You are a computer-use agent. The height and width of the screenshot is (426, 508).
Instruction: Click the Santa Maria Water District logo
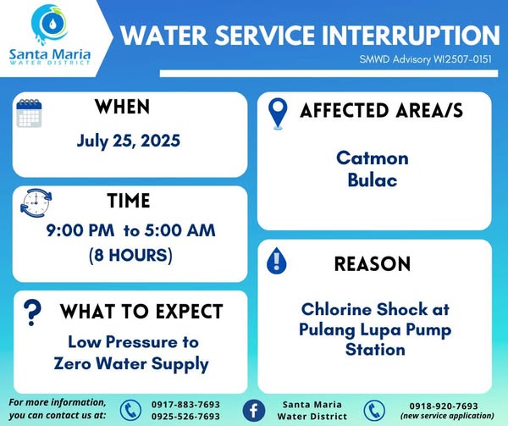pyautogui.click(x=50, y=35)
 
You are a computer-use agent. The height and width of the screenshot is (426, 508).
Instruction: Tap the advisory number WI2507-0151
pyautogui.click(x=462, y=59)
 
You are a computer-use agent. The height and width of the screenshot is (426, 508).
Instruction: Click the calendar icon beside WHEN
pyautogui.click(x=29, y=113)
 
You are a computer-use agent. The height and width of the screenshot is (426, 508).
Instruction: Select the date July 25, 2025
pyautogui.click(x=129, y=141)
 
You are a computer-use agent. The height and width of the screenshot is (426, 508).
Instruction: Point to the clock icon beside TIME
pyautogui.click(x=36, y=203)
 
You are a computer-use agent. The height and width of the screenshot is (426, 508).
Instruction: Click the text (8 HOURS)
pyautogui.click(x=130, y=255)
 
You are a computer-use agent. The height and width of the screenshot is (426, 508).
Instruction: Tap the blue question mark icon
pyautogui.click(x=32, y=313)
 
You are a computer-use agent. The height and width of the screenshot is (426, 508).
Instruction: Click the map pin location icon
pyautogui.click(x=278, y=113)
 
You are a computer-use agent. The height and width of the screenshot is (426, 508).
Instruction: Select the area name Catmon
pyautogui.click(x=373, y=158)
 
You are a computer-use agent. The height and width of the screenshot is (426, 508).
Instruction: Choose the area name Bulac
pyautogui.click(x=373, y=180)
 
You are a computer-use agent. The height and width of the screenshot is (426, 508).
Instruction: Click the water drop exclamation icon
pyautogui.click(x=276, y=261)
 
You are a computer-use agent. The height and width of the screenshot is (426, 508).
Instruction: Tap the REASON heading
pyautogui.click(x=373, y=263)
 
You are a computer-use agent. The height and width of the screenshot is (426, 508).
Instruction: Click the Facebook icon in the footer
pyautogui.click(x=254, y=411)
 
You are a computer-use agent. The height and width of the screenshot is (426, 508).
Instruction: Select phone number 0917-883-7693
pyautogui.click(x=185, y=404)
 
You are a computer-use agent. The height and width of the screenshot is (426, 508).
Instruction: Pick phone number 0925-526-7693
pyautogui.click(x=185, y=416)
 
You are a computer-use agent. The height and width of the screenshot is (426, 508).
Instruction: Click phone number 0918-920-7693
pyautogui.click(x=444, y=406)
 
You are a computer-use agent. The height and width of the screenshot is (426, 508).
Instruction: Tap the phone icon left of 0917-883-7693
pyautogui.click(x=130, y=411)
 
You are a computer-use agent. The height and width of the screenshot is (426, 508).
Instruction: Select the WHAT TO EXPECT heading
pyautogui.click(x=141, y=312)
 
